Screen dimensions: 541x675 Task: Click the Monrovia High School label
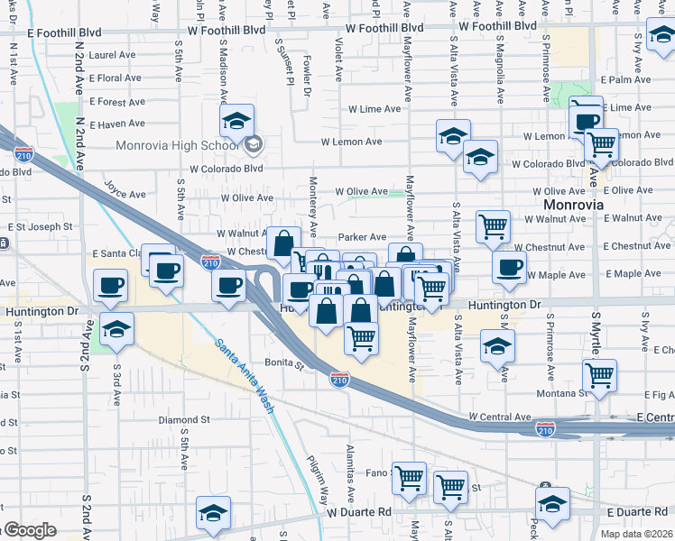(176, 145)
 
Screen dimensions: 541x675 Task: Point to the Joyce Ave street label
(125, 194)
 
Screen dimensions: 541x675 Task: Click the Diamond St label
(184, 420)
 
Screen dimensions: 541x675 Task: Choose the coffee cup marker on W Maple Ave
(509, 268)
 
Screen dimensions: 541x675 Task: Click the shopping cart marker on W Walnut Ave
(492, 227)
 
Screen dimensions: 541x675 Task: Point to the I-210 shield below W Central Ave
(545, 429)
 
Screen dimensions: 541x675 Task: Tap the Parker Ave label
(362, 237)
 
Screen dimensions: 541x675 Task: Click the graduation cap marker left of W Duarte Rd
(213, 514)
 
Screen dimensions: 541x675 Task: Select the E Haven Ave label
(106, 124)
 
